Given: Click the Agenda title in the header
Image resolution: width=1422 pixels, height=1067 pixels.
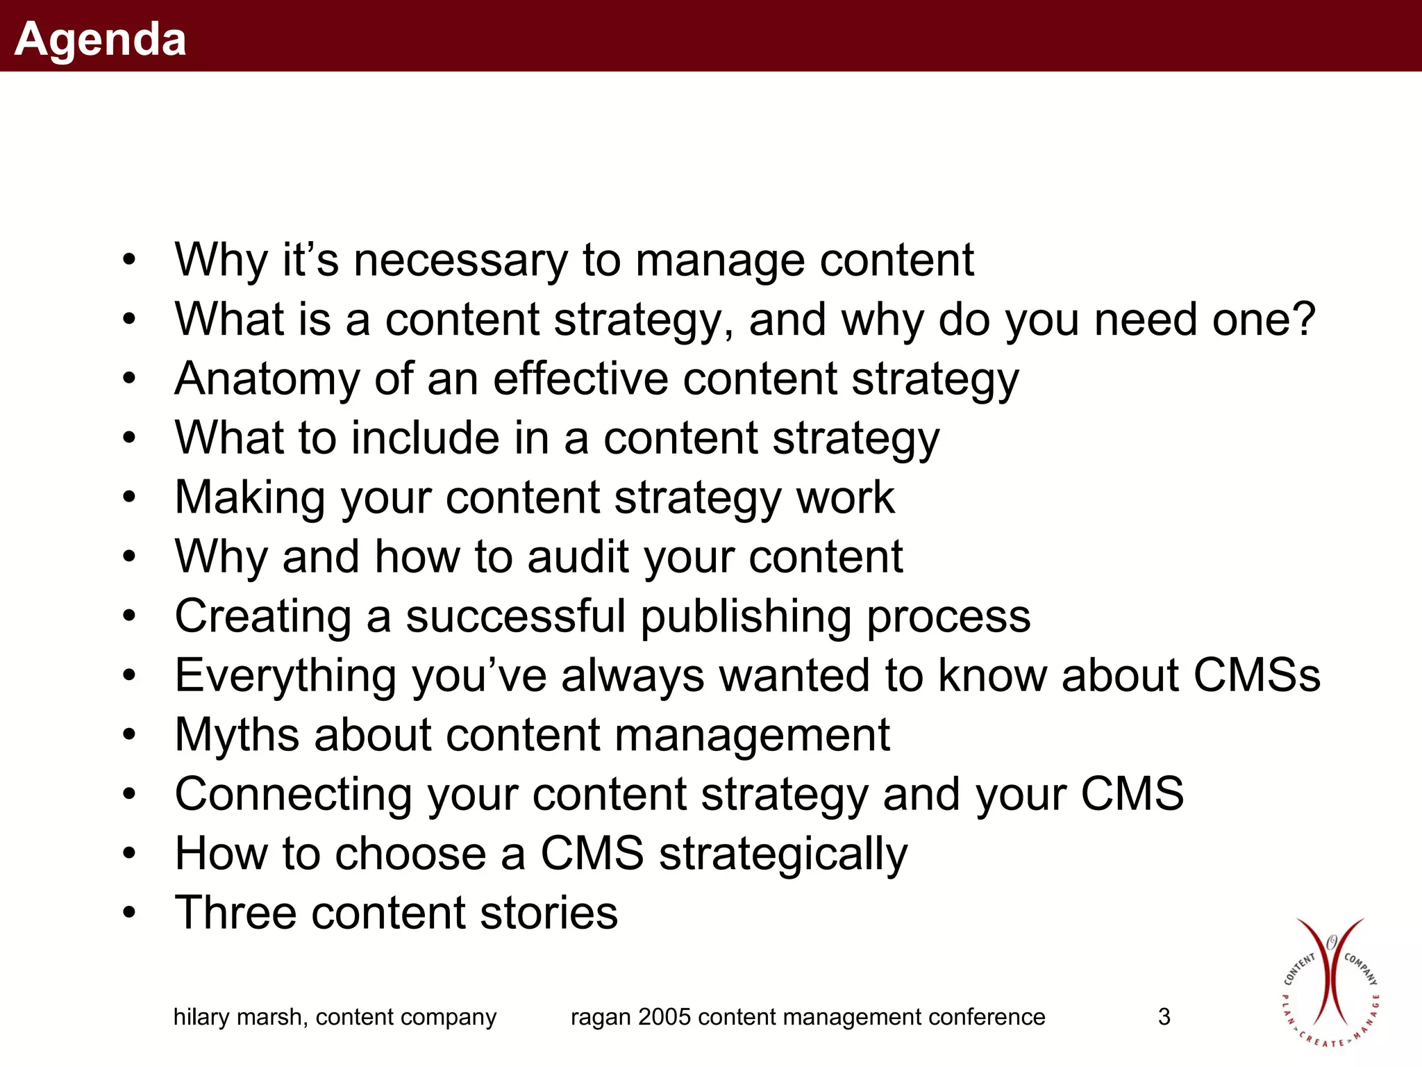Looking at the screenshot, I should (x=101, y=39).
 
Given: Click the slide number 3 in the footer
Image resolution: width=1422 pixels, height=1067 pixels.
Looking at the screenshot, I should (x=1164, y=1017).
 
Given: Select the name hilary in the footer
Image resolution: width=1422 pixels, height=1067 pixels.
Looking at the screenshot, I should (x=201, y=1018).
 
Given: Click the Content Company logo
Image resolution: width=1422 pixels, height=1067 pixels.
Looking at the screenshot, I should (x=1330, y=982).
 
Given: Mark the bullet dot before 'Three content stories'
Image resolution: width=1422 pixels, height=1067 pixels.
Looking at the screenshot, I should (x=129, y=913).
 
